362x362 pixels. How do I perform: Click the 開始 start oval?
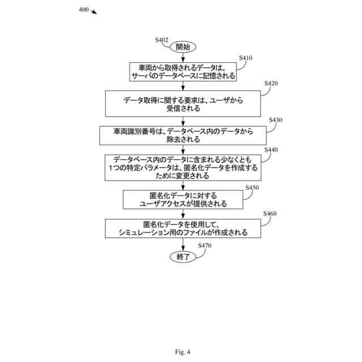[183, 47]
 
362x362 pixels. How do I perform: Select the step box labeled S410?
[183, 71]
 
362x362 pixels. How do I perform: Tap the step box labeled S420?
[183, 104]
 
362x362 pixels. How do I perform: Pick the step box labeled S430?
[183, 135]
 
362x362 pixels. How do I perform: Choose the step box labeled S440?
[183, 167]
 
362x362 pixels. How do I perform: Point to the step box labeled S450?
[183, 200]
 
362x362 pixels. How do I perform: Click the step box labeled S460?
[183, 228]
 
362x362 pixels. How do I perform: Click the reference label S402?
[162, 40]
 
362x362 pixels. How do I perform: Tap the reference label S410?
[245, 58]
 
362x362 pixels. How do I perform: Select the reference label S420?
[271, 84]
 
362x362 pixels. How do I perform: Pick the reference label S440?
[271, 149]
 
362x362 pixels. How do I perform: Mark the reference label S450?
[252, 187]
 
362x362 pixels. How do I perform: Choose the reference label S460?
[270, 213]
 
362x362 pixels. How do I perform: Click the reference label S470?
[204, 245]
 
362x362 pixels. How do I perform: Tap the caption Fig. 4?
[183, 352]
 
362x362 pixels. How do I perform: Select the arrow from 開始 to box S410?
[183, 57]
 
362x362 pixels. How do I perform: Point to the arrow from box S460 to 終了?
[183, 244]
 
